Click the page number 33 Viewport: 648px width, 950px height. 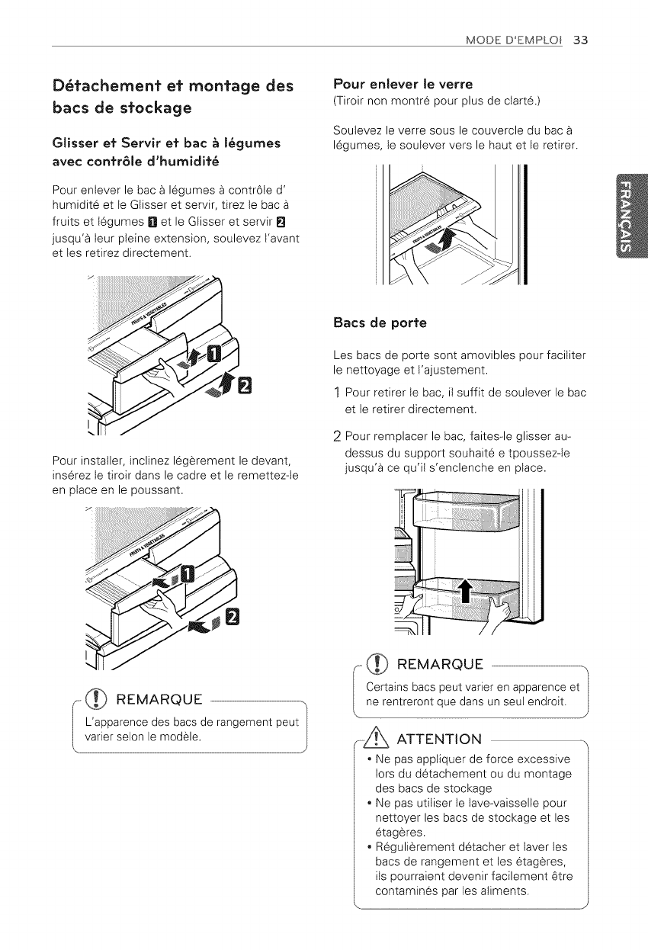[581, 40]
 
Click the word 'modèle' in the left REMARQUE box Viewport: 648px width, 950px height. [185, 737]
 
